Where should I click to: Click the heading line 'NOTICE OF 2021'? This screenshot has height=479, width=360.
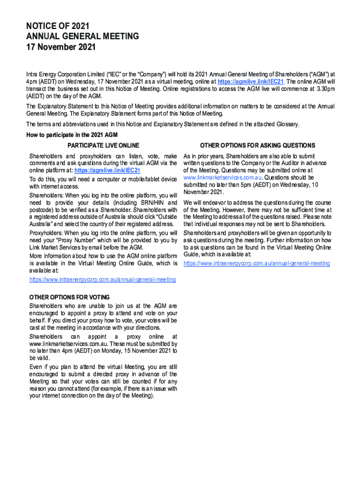point(58,26)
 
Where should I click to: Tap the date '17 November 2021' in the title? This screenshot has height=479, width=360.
point(61,47)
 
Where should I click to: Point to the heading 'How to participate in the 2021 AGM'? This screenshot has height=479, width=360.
point(72,135)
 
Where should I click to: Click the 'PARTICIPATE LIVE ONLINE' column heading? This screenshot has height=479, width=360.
point(103,145)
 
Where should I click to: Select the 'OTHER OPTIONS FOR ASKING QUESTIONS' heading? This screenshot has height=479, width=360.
point(257,145)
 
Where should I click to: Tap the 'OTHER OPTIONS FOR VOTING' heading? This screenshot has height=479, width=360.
point(70,297)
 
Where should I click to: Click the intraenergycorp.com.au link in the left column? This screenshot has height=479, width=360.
point(103,279)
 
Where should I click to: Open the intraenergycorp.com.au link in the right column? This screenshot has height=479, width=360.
point(257,263)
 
